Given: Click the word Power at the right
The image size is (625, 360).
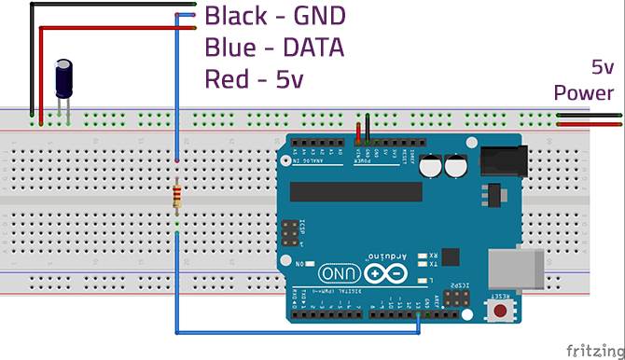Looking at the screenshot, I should click(x=584, y=92).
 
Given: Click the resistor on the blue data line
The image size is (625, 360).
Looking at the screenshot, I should click(x=177, y=199).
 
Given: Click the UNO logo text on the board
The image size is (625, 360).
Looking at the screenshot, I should click(x=335, y=274).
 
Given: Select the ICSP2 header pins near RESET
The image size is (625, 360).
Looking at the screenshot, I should click(x=457, y=298).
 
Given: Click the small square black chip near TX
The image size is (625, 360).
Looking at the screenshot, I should click(x=451, y=256).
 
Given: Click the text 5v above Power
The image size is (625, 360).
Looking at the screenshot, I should click(x=602, y=68).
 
